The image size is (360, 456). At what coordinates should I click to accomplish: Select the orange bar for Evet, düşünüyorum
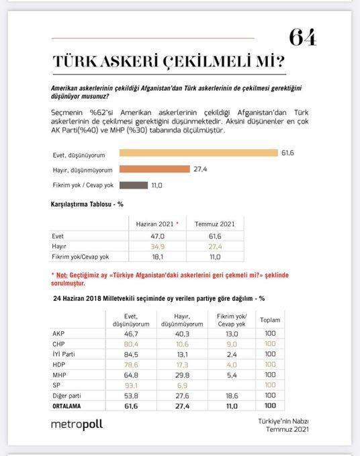(198, 153)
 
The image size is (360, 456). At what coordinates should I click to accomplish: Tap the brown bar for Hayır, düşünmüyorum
(155, 169)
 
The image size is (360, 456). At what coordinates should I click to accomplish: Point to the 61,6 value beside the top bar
(287, 154)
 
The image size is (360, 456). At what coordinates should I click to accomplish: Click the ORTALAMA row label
(69, 406)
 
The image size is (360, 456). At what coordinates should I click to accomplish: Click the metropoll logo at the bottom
(77, 424)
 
